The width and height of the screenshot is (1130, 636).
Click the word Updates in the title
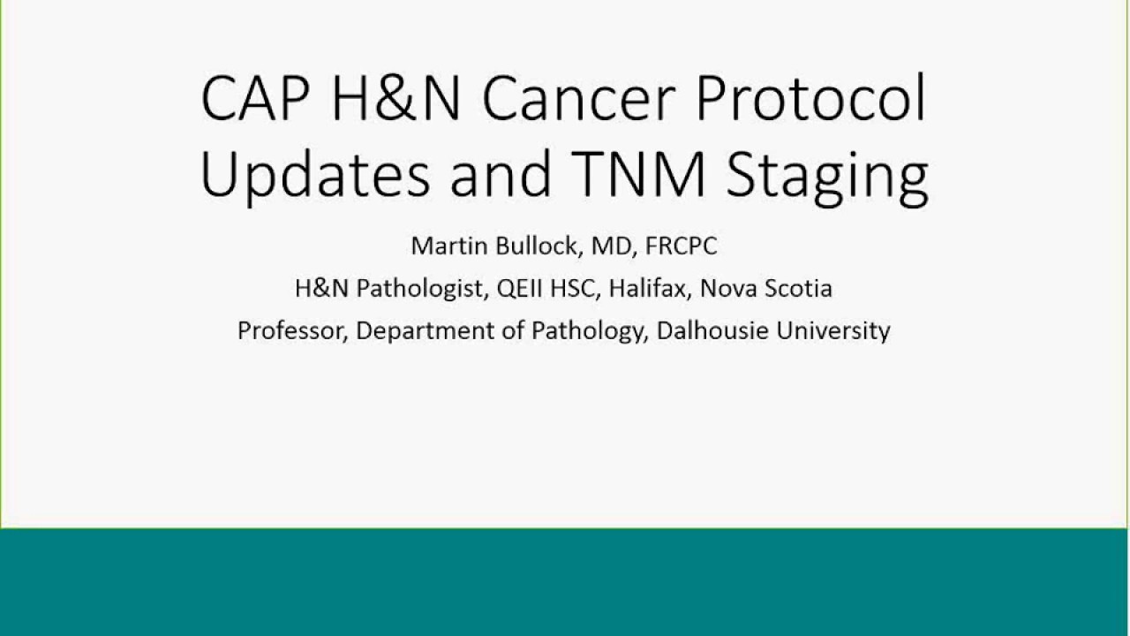314,174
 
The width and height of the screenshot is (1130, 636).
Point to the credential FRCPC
681,246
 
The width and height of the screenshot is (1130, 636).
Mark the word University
836,331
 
